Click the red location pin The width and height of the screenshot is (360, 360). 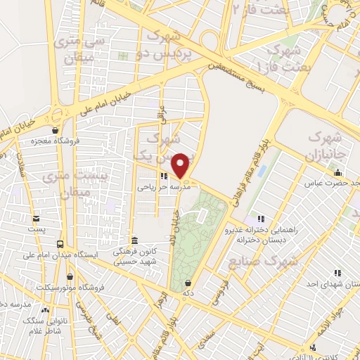coord(181,165)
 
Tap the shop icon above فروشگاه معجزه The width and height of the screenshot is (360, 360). coord(55,130)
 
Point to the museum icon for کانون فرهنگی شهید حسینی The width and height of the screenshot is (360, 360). coord(134,240)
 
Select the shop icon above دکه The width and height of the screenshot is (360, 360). coord(188,282)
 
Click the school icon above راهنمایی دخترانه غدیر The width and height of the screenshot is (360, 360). coord(262,219)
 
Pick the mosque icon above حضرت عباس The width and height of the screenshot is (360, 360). coord(338,173)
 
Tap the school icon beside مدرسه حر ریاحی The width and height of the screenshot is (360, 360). coord(163,177)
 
